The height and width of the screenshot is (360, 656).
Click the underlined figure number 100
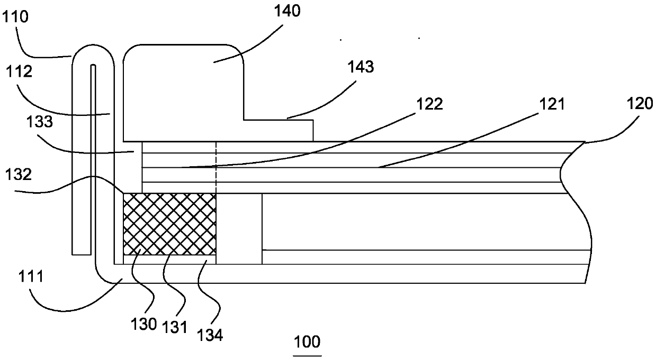tap(307, 341)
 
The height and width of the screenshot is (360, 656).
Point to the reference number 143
tap(360, 67)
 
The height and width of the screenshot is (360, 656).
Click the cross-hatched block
tap(169, 223)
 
